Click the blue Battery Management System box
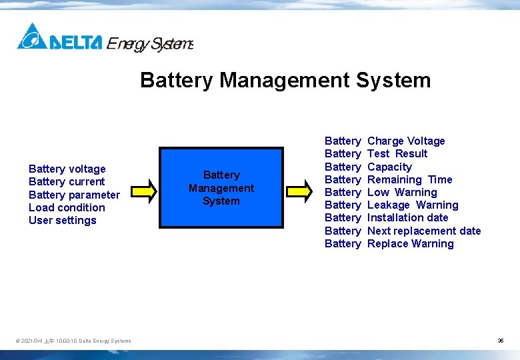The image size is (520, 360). pos(221,188)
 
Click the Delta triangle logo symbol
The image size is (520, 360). pos(31,37)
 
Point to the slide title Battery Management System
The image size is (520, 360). pos(285,81)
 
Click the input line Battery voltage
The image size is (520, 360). pos(67,169)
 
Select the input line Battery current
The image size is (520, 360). pos(67,182)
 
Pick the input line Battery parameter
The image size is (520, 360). pos(74,195)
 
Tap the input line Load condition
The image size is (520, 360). pos(67,208)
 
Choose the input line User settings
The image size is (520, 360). pos(63,221)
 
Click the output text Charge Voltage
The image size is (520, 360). pos(406,141)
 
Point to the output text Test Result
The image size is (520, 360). pos(397,154)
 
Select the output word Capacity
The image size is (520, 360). pos(389,167)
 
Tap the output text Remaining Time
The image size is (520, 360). pos(409,180)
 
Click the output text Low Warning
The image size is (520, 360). pos(402,193)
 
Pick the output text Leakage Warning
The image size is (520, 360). pos(413,205)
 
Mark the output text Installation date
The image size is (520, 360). pos(407,218)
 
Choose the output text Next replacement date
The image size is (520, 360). pos(424,231)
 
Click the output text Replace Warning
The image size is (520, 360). pos(410,244)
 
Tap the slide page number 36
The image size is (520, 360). pos(500,341)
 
